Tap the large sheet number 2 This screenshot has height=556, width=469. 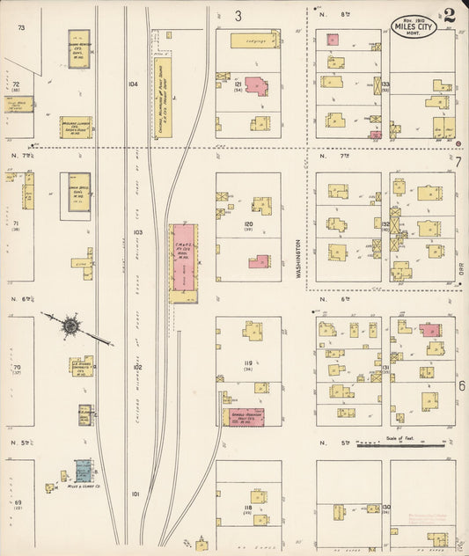[x=449, y=16]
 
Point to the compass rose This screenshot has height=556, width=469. [x=70, y=326]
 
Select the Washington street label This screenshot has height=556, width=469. [x=298, y=260]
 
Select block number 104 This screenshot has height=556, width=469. [x=133, y=84]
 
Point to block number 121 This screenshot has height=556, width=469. [x=238, y=85]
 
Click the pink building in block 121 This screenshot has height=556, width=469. [x=256, y=86]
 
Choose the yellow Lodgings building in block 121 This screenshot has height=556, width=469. [x=255, y=40]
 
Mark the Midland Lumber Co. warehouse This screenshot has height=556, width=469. [x=76, y=128]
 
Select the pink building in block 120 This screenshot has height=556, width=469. [x=259, y=260]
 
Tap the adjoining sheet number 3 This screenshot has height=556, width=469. [x=238, y=15]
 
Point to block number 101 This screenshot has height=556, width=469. [x=136, y=494]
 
